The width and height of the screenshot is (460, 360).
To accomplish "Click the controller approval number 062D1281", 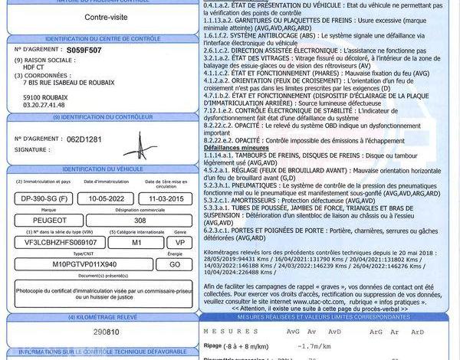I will [84, 140].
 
